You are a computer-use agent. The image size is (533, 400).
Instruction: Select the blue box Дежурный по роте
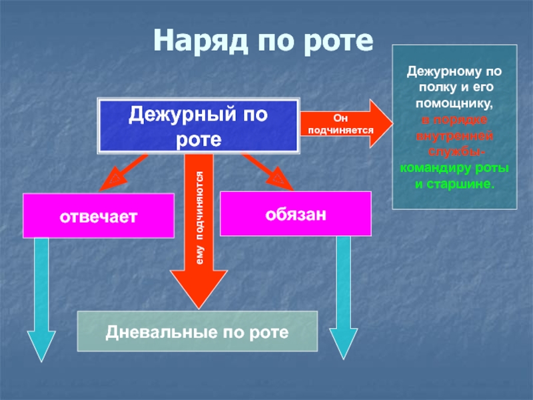click(199, 125)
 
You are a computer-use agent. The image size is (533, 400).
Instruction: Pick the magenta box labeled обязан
click(295, 213)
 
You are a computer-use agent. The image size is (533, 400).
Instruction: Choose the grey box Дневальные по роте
click(197, 331)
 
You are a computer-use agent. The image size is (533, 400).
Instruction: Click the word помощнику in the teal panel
click(454, 105)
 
